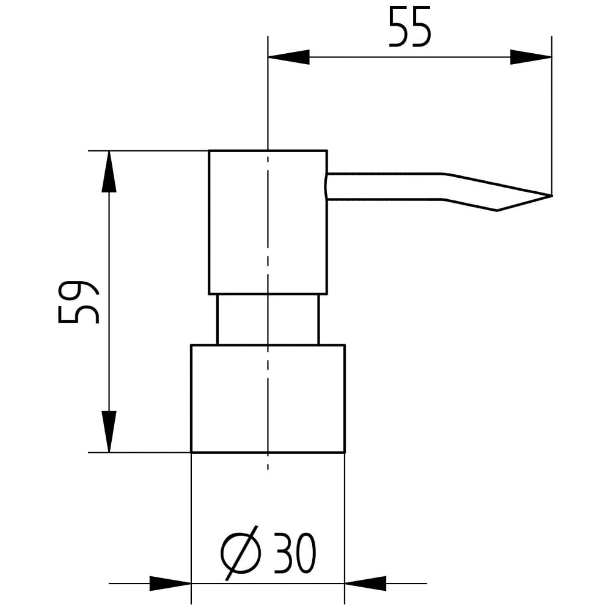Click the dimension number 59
(x=78, y=302)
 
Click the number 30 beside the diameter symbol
(x=295, y=553)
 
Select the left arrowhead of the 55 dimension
(x=289, y=57)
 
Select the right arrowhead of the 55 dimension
(x=531, y=57)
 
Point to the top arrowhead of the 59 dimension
(x=109, y=171)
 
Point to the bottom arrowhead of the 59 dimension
(x=109, y=431)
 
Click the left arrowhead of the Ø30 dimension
(x=170, y=584)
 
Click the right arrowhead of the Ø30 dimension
(x=365, y=584)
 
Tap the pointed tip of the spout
(x=552, y=196)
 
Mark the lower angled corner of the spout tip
(x=497, y=211)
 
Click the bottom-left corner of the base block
(x=191, y=452)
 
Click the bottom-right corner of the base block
(x=345, y=452)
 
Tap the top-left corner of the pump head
(x=209, y=150)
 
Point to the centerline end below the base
(x=268, y=469)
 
